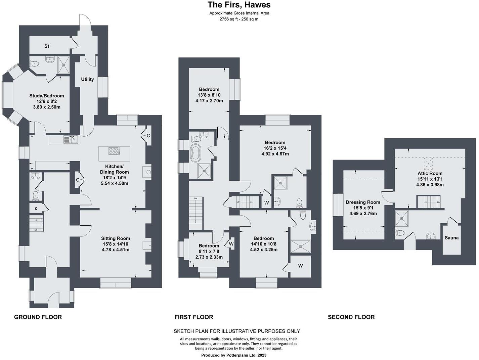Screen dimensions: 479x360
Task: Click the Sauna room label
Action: tap(451, 238)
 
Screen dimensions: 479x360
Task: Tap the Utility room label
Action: tap(87, 79)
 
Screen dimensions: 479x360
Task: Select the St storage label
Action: tap(47, 46)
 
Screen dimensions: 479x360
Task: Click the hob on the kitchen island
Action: tap(114, 151)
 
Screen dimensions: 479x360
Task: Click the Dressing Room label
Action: tap(363, 202)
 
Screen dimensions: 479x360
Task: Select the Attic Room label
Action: tap(430, 173)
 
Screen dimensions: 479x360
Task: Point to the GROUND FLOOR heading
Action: tap(38, 317)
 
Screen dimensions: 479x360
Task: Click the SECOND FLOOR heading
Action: tap(351, 317)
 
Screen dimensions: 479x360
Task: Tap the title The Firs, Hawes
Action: tap(239, 5)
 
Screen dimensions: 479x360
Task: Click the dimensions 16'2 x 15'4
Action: tap(275, 148)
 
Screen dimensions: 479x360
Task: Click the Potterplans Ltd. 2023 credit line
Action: tap(233, 355)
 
